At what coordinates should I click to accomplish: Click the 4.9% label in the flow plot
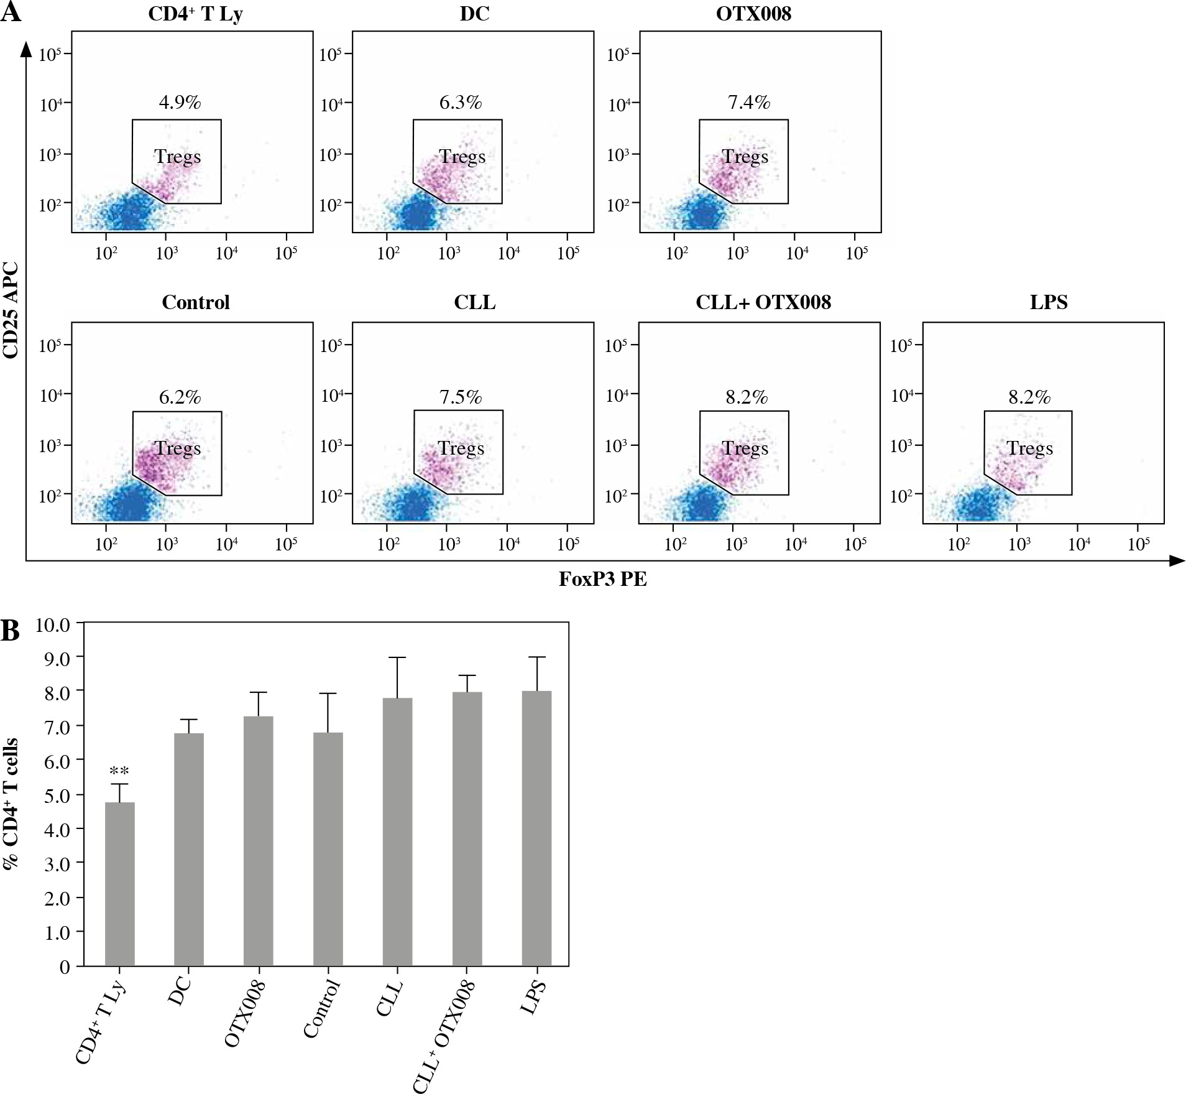180,102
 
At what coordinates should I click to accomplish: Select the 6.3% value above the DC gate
461,102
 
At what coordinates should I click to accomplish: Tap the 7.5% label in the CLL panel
461,397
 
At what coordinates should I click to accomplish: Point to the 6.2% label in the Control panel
180,397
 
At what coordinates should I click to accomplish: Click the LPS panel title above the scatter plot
1049,302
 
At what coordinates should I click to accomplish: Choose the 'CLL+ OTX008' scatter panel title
763,302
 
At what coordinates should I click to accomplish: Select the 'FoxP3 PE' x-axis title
603,580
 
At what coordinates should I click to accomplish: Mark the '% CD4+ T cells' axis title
11,802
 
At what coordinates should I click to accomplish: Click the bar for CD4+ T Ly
119,883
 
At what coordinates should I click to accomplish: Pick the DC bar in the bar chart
189,849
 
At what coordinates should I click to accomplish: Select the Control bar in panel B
328,849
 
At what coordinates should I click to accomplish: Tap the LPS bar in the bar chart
536,827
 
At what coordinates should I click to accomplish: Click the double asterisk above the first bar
119,772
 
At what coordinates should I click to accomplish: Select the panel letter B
11,631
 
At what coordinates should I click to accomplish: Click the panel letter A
11,12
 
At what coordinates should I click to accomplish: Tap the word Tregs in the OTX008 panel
745,157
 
